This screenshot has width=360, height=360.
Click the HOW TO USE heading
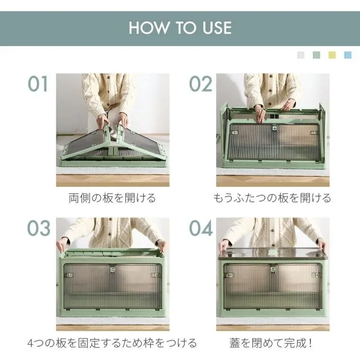180,28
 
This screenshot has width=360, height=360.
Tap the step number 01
38,84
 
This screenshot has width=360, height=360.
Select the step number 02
200,84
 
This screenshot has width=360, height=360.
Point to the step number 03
39,228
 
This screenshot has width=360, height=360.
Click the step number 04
201,228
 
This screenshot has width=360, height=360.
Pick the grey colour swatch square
301,55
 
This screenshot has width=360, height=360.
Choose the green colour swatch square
316,55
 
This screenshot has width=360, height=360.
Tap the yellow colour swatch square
332,55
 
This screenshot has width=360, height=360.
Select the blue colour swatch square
348,55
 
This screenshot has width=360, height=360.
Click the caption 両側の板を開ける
112,198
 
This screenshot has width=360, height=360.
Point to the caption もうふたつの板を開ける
272,198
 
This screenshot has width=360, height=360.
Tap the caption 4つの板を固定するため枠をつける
112,343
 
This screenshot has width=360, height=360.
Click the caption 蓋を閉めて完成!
271,343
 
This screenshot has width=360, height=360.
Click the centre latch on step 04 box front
273,269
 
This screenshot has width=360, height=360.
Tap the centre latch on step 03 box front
112,269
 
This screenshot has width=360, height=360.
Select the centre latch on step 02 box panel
274,128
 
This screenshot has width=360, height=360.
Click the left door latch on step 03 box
70,275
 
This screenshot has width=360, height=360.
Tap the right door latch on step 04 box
316,275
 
